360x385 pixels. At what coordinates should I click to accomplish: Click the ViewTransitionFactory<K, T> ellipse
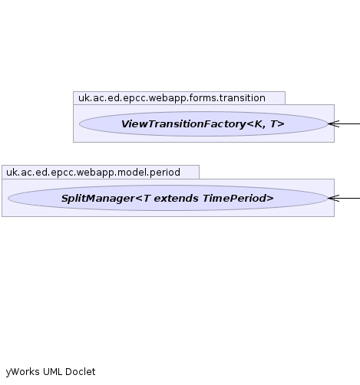pyautogui.click(x=203, y=123)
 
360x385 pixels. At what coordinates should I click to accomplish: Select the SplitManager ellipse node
pyautogui.click(x=168, y=198)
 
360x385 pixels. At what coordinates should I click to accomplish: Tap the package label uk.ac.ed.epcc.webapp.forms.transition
pyautogui.click(x=172, y=98)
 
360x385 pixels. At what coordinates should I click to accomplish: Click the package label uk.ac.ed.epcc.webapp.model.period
pyautogui.click(x=93, y=173)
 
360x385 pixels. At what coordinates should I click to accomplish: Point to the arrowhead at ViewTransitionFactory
pyautogui.click(x=329, y=123)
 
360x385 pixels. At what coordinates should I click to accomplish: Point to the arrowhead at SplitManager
pyautogui.click(x=329, y=198)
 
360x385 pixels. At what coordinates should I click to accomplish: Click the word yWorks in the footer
pyautogui.click(x=22, y=372)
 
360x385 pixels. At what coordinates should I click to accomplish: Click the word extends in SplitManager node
pyautogui.click(x=177, y=199)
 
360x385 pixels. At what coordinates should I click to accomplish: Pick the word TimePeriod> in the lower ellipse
pyautogui.click(x=238, y=199)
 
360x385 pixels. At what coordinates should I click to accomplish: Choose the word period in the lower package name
pyautogui.click(x=165, y=173)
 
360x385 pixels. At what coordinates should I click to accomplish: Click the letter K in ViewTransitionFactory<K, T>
pyautogui.click(x=259, y=124)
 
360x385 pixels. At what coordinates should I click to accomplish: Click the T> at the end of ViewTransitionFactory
pyautogui.click(x=277, y=124)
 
